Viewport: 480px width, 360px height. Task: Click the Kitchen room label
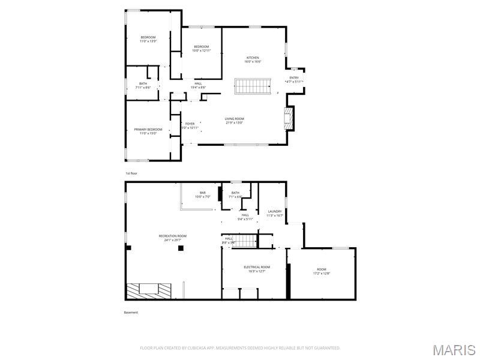point(252,59)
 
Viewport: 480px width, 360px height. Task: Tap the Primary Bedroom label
point(148,131)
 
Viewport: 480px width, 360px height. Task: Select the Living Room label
point(235,121)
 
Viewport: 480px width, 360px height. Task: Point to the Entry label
point(294,79)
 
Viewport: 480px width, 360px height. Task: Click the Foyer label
point(190,125)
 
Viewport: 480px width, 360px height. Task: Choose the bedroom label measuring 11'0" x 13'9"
point(148,39)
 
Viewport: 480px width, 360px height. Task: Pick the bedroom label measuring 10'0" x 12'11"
point(201,49)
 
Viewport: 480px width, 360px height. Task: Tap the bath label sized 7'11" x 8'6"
point(143,85)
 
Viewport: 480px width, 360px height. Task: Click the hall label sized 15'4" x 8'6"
point(198,85)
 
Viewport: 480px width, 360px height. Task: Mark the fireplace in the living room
point(289,118)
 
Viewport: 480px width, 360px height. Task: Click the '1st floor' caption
point(131,173)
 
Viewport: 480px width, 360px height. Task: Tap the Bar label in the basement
point(203,194)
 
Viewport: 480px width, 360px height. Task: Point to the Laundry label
point(275,213)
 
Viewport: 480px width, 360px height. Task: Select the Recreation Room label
point(173,238)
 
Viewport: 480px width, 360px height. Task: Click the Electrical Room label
point(257,268)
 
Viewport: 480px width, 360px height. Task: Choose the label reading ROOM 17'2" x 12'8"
point(322,271)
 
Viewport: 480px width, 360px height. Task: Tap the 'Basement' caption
point(131,313)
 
